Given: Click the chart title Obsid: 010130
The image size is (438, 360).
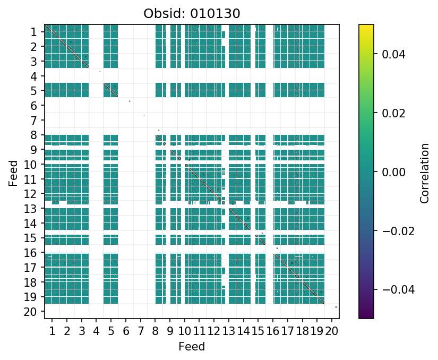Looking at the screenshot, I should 192,14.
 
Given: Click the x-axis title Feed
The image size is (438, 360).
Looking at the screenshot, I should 192,347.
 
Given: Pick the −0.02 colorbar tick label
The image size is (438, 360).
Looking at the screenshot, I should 392,231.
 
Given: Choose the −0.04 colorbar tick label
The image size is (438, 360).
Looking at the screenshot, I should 392,290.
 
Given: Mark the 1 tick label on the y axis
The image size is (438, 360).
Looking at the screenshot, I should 33,32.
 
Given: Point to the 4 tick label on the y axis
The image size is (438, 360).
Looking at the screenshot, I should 33,76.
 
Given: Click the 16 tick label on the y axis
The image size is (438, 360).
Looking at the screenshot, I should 31,252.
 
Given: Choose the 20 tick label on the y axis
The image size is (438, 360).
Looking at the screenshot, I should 31,311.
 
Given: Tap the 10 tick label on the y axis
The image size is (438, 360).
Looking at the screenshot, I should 31,164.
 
